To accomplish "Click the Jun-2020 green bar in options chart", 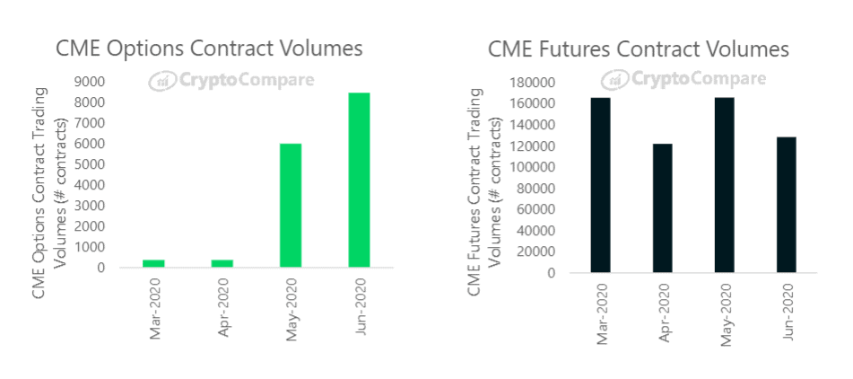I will [x=359, y=180].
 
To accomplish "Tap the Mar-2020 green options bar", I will [x=153, y=263].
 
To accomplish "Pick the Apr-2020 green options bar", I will [x=222, y=263].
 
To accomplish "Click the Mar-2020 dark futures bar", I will [x=600, y=185].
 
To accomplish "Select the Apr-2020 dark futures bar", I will [x=662, y=208].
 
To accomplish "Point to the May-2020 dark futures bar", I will [x=724, y=185].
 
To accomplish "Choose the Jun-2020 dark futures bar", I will [x=786, y=205].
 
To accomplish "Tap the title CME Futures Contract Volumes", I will [x=639, y=48].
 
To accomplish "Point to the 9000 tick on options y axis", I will [x=115, y=82].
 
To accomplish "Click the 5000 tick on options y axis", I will [x=115, y=164].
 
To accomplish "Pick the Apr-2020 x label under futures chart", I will [x=663, y=311].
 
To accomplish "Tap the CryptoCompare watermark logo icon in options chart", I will [x=162, y=81].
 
